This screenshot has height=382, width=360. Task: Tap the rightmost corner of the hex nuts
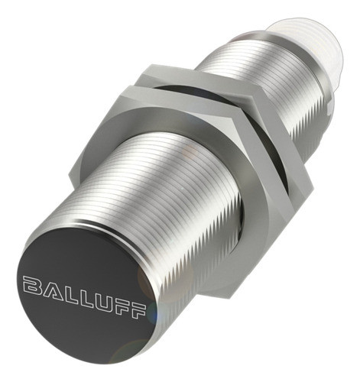pos(312,183)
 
